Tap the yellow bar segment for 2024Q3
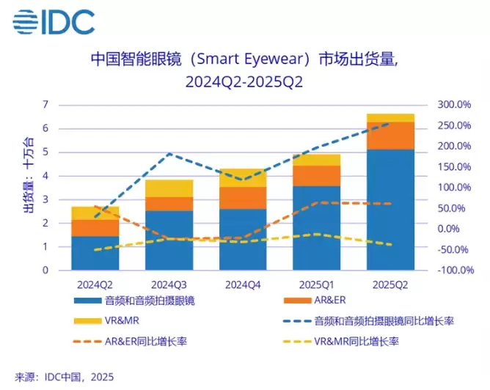coord(169,188)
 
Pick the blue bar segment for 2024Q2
coord(95,253)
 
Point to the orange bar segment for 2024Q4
coord(243,198)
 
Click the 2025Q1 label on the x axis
coord(316,283)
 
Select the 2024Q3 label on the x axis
coord(169,283)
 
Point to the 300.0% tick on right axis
coord(454,105)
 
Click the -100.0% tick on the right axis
coord(454,271)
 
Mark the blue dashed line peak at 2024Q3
coord(169,153)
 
